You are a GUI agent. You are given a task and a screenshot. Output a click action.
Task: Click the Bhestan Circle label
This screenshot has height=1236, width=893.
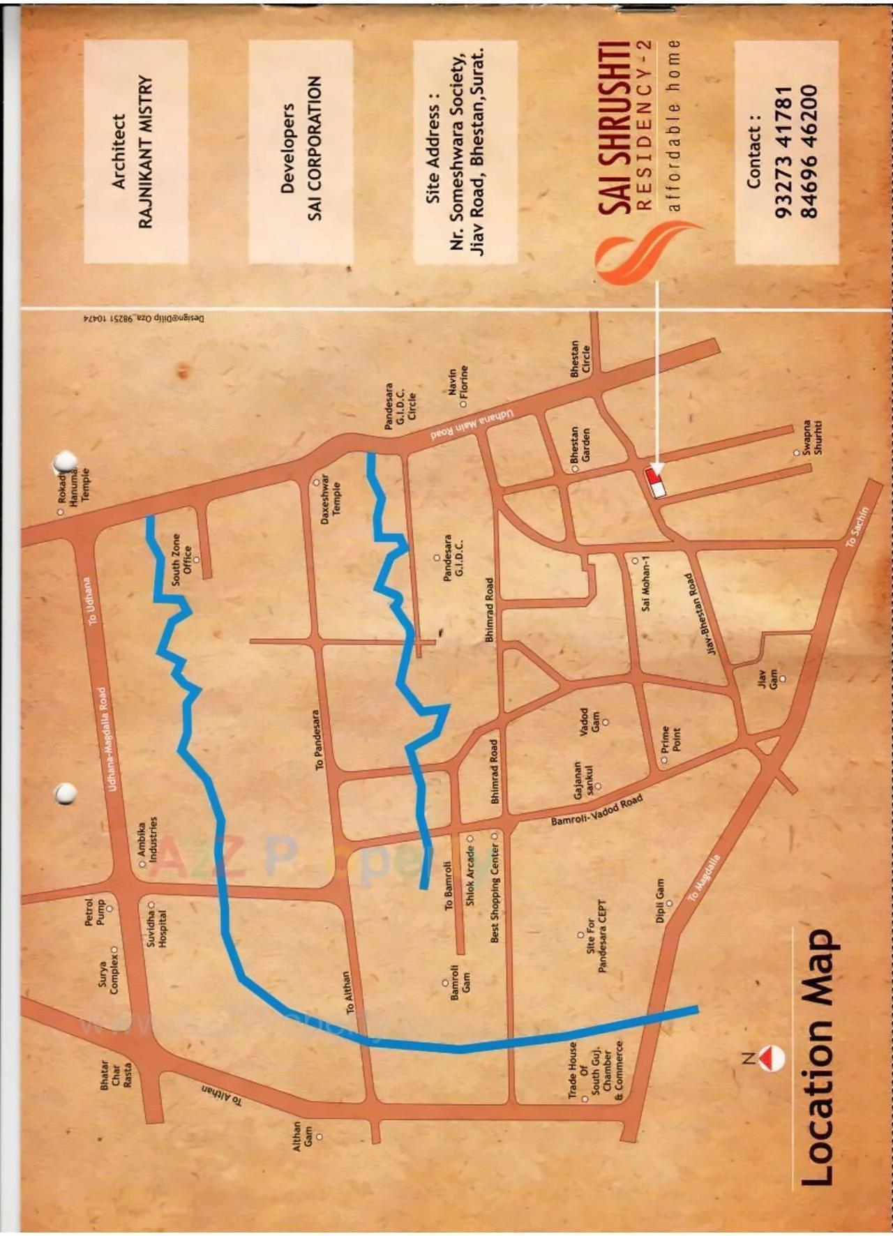580,359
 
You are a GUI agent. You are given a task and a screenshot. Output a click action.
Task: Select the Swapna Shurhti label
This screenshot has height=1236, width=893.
811,437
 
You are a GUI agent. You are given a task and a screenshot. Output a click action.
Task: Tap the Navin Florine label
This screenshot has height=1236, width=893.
458,386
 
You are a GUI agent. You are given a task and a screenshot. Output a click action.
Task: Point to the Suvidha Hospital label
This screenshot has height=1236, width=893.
156,923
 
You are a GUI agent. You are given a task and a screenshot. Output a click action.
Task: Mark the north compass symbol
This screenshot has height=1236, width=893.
770,1057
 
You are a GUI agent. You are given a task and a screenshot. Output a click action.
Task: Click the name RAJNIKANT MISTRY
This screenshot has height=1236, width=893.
145,151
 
